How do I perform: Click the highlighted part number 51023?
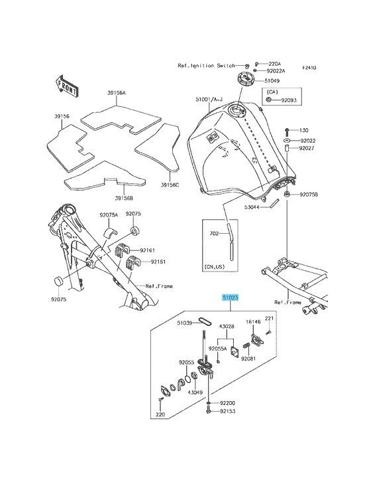click(231, 297)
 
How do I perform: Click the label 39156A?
click(117, 93)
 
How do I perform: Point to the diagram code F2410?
click(309, 68)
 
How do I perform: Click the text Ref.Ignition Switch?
click(206, 66)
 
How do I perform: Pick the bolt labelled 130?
click(287, 131)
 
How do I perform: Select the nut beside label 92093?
click(269, 100)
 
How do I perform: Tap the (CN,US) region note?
click(214, 266)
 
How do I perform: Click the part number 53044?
click(251, 206)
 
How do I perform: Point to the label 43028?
click(227, 327)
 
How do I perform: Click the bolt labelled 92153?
click(208, 411)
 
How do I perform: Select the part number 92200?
click(227, 403)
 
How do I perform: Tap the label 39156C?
click(170, 185)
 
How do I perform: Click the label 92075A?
click(109, 215)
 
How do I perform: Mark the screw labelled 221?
click(268, 332)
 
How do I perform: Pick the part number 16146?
click(253, 321)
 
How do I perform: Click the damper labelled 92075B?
click(287, 195)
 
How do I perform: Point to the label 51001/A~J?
click(209, 99)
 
